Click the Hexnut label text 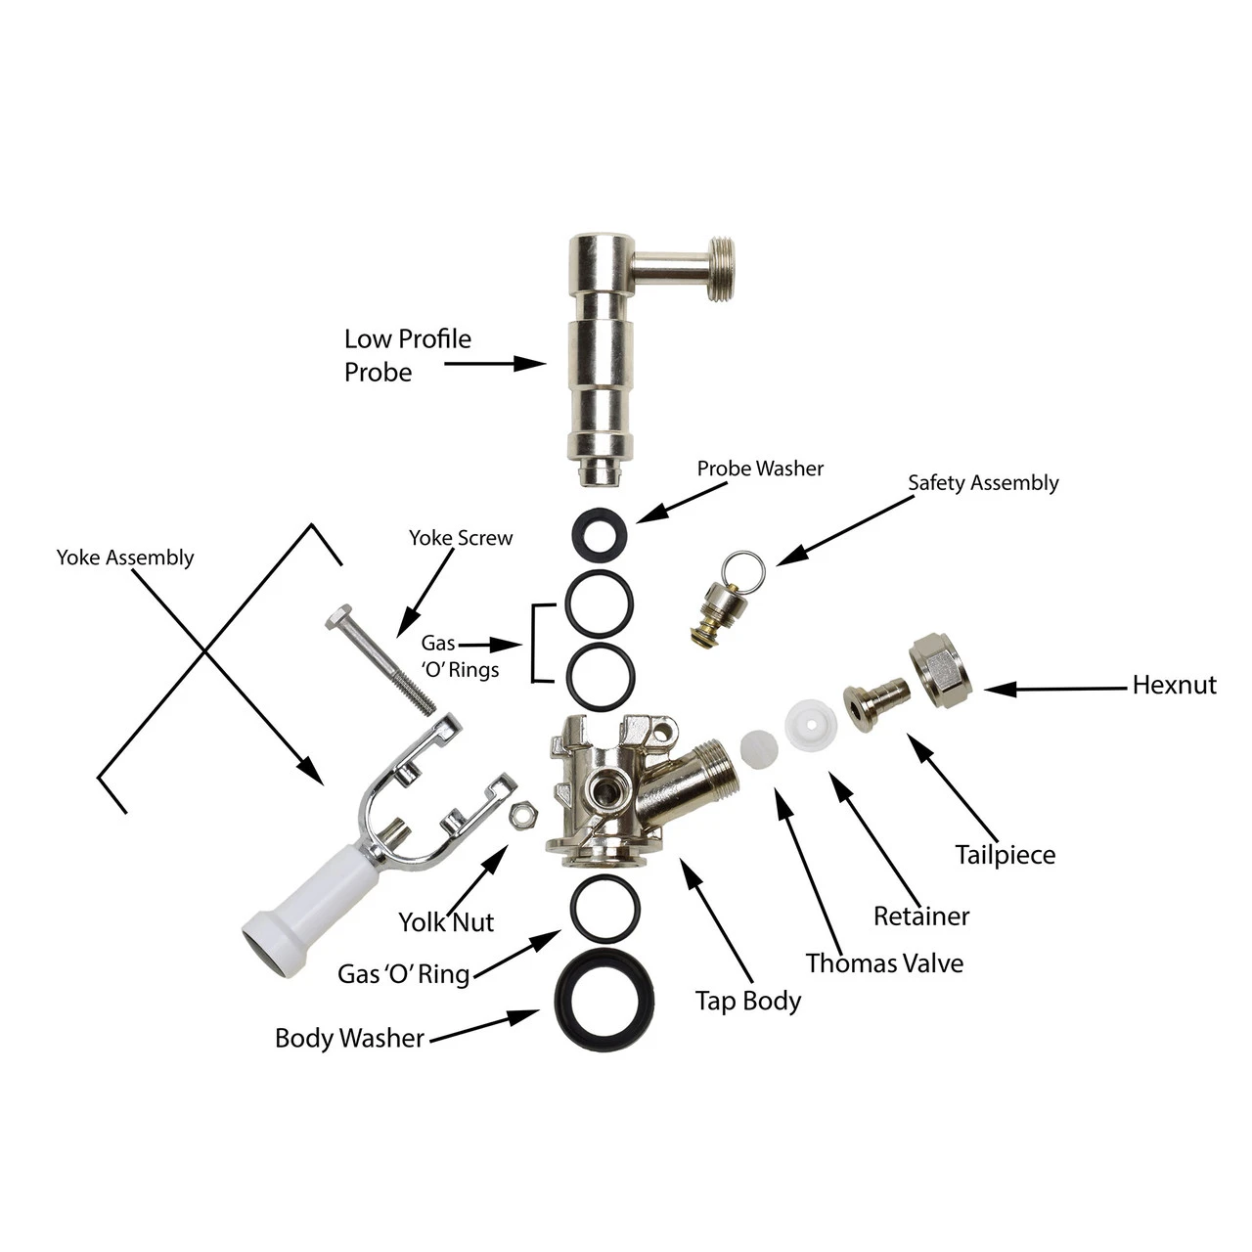coord(1174,685)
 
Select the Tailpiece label coord(1006,855)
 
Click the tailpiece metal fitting coord(876,702)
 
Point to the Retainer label coord(921,917)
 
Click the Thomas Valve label coord(884,963)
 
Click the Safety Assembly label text coord(983,483)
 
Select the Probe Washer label coord(760,469)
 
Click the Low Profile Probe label coord(407,355)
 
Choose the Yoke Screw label coord(460,538)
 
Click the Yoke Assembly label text coord(125,558)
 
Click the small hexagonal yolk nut coord(523,811)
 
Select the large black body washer coord(605,999)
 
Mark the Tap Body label coord(748,1001)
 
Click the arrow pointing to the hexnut coord(1056,689)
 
